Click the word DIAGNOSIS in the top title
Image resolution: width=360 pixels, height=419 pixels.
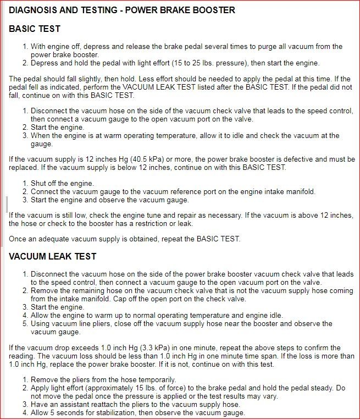point(32,10)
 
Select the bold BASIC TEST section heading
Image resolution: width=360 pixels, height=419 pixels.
point(35,29)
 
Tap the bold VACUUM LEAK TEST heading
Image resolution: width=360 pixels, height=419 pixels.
point(53,256)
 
